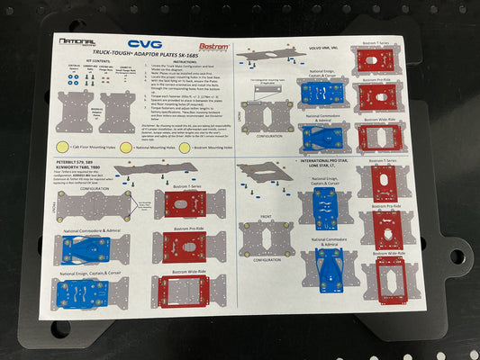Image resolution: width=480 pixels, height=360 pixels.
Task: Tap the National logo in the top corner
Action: click(77, 41)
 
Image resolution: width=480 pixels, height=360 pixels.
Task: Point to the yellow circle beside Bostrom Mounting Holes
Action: click(184, 145)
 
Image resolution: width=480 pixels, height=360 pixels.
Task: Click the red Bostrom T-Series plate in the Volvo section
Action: click(375, 60)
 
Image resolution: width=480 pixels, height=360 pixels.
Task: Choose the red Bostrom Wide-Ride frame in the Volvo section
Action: click(379, 136)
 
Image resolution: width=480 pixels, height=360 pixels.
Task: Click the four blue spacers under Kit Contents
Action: click(71, 78)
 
